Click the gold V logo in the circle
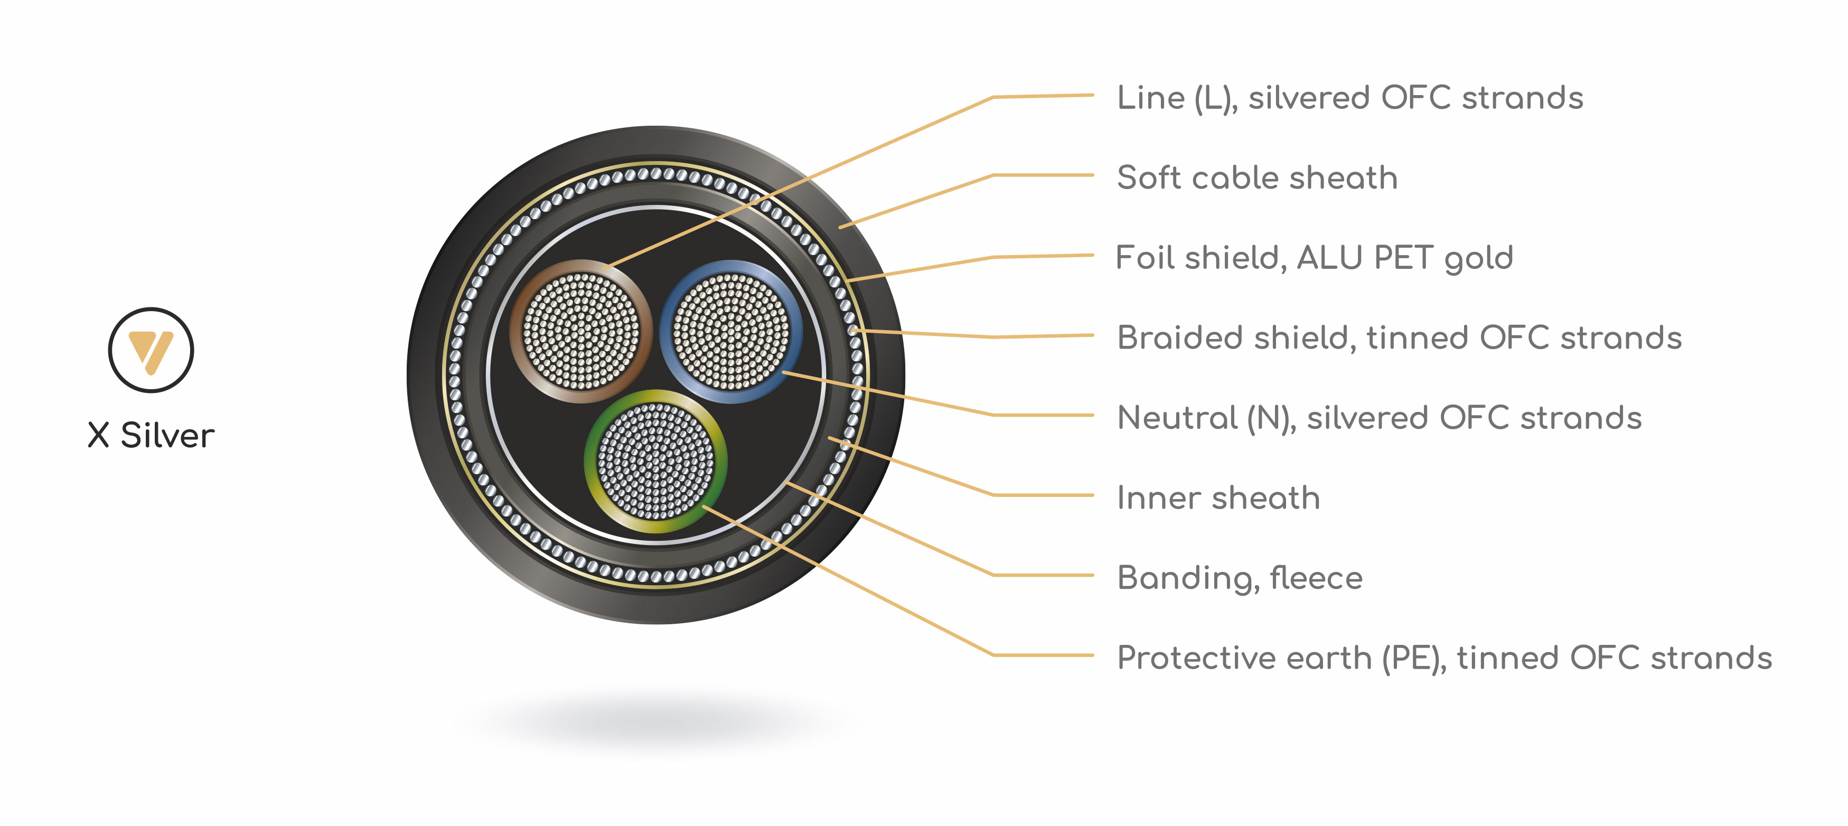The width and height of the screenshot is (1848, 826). [x=151, y=351]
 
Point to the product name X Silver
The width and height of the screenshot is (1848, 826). [x=151, y=435]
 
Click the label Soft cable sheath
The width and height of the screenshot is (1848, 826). [x=1257, y=177]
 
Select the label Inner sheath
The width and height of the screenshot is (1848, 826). [x=1218, y=498]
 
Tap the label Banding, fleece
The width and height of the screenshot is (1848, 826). [x=1240, y=578]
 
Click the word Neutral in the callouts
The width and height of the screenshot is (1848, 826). [x=1177, y=418]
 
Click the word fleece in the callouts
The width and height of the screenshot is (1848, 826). [x=1316, y=578]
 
